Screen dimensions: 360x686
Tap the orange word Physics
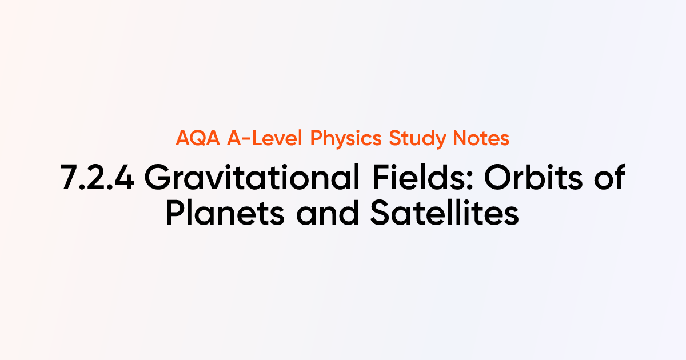pyautogui.click(x=346, y=139)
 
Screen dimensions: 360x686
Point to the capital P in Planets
pyautogui.click(x=176, y=214)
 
